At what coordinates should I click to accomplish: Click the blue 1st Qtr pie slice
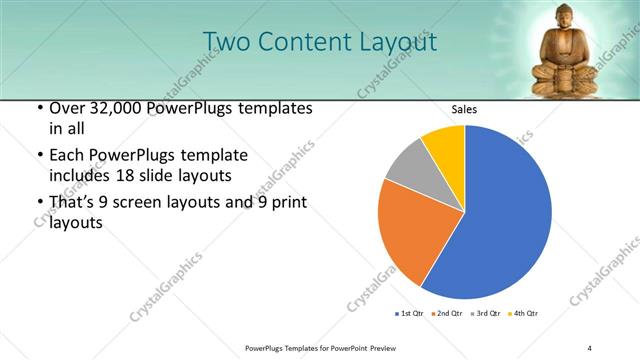point(505,215)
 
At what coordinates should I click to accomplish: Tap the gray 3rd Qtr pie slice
point(405,165)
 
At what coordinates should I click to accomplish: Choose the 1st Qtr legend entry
point(409,314)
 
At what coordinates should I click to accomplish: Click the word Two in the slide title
point(225,42)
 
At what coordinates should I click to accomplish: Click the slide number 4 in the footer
point(590,347)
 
